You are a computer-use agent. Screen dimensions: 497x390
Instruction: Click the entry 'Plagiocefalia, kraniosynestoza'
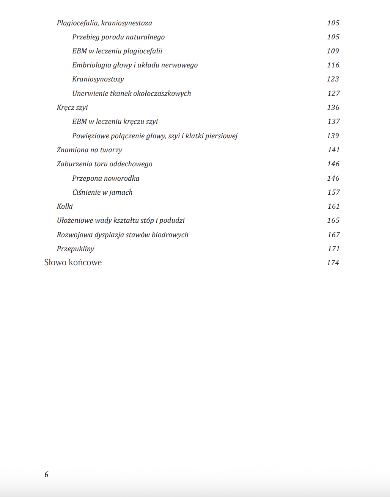[104, 23]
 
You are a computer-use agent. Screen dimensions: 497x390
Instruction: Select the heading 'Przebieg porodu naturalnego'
[118, 37]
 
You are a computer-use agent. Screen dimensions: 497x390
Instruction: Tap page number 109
[333, 51]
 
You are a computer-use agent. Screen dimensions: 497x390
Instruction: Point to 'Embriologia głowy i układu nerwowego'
[135, 65]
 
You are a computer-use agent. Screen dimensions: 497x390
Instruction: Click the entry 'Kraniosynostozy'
[98, 79]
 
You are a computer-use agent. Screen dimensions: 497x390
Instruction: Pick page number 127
[333, 94]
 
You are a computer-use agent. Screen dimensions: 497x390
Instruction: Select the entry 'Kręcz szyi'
[72, 108]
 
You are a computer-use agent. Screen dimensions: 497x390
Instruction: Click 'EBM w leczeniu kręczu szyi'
[115, 122]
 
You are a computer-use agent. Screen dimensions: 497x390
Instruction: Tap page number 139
[333, 136]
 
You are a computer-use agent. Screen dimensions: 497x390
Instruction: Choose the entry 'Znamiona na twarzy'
[90, 150]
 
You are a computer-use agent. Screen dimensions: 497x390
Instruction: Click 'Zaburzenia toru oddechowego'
[104, 164]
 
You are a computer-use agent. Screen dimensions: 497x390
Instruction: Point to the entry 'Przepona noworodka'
[105, 178]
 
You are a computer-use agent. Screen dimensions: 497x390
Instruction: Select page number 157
[333, 192]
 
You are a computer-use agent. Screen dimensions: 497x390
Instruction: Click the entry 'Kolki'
[65, 206]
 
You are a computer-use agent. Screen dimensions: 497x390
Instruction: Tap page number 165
[333, 220]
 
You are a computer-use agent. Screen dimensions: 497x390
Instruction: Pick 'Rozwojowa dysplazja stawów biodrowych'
[123, 235]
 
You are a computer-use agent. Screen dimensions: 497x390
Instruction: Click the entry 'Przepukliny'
[75, 249]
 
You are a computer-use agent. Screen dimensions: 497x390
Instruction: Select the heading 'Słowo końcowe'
[73, 263]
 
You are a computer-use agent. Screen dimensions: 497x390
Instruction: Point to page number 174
[333, 263]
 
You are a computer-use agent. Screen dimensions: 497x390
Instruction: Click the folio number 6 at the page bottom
[46, 475]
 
